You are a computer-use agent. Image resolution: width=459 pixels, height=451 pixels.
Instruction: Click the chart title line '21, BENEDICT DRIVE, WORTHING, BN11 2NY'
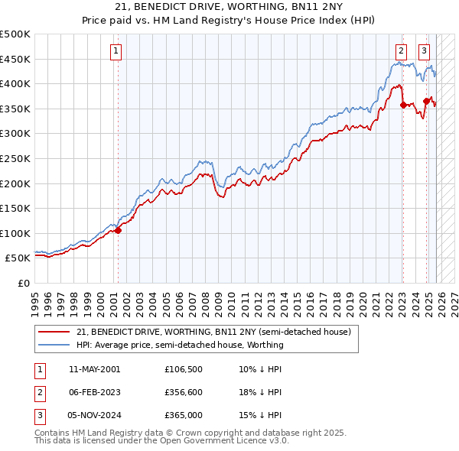coord(229,7)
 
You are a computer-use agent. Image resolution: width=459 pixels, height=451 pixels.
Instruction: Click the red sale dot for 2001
coord(118,230)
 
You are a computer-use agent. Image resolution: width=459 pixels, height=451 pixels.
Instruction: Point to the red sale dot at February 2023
coord(403,105)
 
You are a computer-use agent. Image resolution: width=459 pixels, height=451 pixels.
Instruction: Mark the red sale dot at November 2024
coord(426,101)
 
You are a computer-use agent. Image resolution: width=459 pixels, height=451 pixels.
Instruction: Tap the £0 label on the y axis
coord(24,283)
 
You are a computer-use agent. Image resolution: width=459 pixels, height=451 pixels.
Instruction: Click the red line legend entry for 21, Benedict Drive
coord(213,332)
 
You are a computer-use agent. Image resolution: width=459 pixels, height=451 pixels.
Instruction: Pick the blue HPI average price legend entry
coord(180,345)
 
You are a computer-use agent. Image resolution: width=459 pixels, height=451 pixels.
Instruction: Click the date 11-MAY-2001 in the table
coord(94,369)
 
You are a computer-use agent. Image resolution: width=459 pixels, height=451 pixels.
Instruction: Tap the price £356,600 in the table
coord(184,392)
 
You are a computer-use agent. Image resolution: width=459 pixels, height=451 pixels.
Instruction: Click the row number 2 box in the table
coord(39,392)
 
